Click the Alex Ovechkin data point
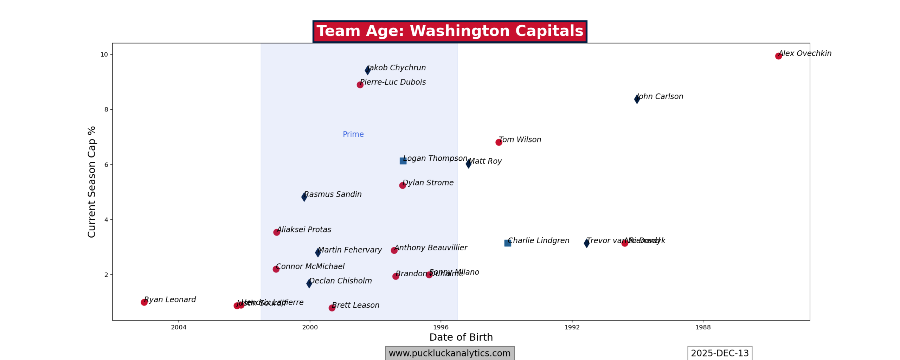778,56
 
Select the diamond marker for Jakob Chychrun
368,70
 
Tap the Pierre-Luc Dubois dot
360,85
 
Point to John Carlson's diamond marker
637,99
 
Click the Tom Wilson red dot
499,142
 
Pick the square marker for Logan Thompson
403,161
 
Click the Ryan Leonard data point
144,302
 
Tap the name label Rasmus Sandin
333,194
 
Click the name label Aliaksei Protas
304,230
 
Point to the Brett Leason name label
355,305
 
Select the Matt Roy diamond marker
469,164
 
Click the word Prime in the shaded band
353,134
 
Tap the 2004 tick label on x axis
179,328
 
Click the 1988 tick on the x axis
703,328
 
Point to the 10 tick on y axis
104,54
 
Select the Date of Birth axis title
461,337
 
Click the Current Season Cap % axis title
92,182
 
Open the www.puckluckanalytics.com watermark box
450,353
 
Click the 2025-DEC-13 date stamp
720,353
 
